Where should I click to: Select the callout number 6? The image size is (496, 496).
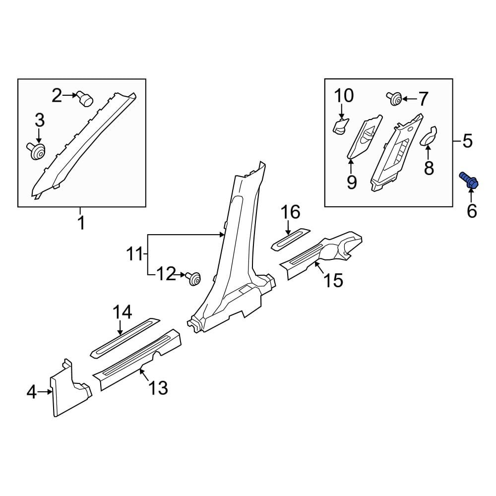click(x=472, y=211)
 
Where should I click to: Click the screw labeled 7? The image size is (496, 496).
click(x=394, y=98)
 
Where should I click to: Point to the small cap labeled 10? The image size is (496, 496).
click(x=341, y=126)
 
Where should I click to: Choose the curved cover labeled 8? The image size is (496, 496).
click(x=428, y=135)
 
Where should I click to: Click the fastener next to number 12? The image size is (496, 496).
click(x=193, y=278)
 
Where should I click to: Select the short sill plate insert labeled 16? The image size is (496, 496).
click(x=291, y=239)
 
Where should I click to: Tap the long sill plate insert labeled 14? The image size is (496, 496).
click(x=125, y=338)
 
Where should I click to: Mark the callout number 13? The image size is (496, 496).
click(x=158, y=387)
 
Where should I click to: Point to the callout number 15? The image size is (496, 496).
click(x=333, y=280)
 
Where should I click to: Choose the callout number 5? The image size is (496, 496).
click(x=468, y=141)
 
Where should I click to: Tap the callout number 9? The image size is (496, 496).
click(x=352, y=183)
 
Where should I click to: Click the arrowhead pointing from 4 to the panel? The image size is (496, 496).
click(x=50, y=392)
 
